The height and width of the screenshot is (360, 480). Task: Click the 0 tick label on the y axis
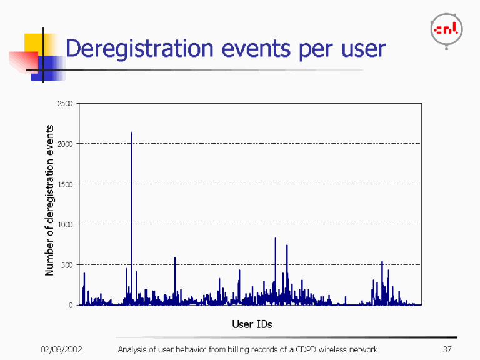coord(71,305)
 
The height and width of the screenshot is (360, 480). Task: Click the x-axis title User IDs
coord(251,324)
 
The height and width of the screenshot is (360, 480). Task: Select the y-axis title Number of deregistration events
coord(49,200)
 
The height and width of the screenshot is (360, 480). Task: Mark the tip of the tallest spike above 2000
coord(131,132)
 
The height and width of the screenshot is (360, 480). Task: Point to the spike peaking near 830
coord(275,238)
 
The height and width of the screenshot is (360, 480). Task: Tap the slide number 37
coord(446,349)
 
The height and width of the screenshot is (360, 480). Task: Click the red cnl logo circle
coord(446,30)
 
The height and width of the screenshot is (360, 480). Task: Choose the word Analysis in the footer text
coord(133,349)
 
